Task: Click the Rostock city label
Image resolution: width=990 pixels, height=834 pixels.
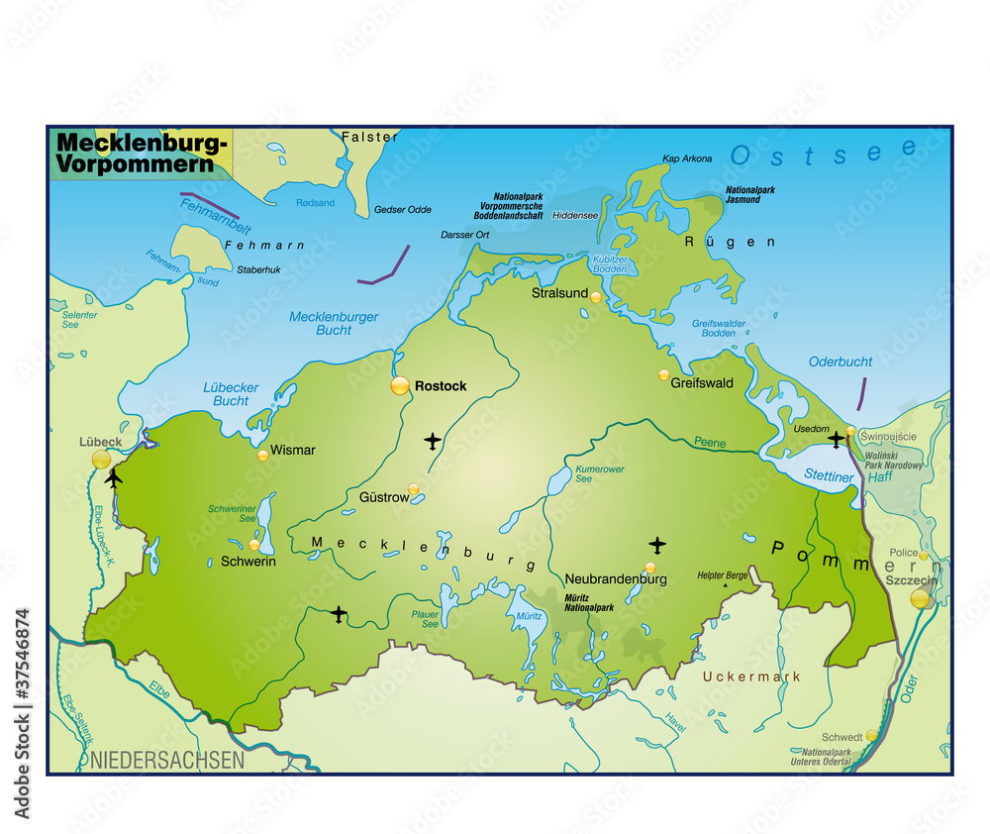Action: [441, 386]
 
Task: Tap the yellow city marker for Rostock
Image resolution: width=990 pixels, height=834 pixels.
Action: [400, 385]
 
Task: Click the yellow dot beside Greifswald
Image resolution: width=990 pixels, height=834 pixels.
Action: [664, 375]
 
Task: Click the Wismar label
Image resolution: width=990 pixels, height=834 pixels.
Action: [293, 450]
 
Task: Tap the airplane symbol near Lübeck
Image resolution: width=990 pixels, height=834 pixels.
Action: [113, 479]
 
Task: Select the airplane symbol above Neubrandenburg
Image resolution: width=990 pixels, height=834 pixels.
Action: [657, 544]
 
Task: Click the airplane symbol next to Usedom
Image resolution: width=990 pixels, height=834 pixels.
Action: [837, 439]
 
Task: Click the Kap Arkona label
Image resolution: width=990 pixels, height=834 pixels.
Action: [687, 159]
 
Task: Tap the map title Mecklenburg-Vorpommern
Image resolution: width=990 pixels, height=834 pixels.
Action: [141, 155]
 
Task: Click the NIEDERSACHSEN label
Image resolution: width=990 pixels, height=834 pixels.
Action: [166, 761]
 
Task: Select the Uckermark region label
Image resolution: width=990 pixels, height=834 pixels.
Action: [750, 677]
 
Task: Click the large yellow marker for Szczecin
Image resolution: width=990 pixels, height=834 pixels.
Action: [921, 598]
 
